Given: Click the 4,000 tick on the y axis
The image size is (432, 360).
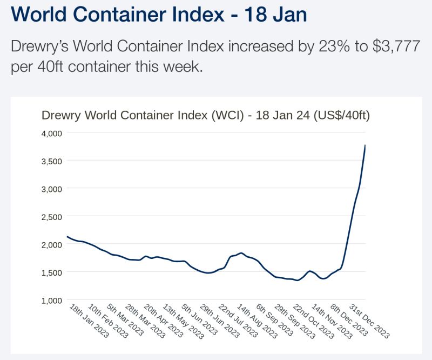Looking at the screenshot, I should pos(52,133).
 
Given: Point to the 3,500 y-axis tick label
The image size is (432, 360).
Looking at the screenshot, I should pos(52,161).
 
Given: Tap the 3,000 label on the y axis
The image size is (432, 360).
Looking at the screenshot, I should pos(52,189).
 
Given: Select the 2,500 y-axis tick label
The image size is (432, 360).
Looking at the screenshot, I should pos(52,217).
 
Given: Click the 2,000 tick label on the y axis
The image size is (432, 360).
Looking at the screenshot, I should pos(52,244).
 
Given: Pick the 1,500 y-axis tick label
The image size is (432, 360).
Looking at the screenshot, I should pos(52,272).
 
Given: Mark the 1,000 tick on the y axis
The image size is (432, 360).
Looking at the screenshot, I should pos(52,301).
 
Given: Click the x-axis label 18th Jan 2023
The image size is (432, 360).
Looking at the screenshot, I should pos(89,322).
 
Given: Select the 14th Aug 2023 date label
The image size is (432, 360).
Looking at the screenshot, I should pos(257,322).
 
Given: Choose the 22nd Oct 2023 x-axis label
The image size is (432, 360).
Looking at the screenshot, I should pos(313,322).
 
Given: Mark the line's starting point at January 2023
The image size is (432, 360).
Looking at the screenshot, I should pos(67,236).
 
